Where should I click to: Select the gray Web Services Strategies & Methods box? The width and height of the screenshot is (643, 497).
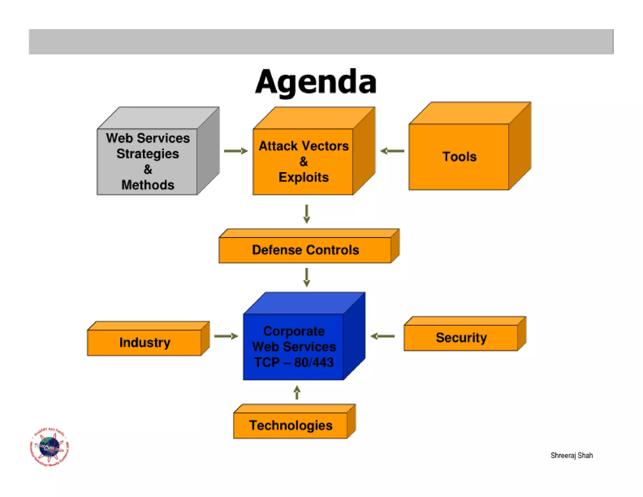(x=148, y=161)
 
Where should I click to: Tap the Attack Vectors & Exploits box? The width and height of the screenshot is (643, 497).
(x=303, y=161)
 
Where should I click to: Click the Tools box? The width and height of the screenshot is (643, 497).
(x=459, y=156)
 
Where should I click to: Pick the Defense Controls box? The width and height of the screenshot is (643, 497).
(x=305, y=250)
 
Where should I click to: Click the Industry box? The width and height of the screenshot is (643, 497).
(x=144, y=342)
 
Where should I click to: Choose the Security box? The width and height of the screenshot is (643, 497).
(x=461, y=337)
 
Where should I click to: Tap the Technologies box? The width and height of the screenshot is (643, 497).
(x=290, y=425)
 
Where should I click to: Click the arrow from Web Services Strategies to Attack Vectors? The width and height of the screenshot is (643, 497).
(x=236, y=151)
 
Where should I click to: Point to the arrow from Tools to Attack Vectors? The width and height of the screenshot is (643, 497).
(x=392, y=151)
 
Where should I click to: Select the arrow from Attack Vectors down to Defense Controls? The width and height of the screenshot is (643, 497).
(x=307, y=214)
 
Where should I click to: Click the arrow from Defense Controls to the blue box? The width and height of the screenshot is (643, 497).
(x=307, y=277)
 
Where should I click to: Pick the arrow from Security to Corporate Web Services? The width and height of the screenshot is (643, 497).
(x=382, y=336)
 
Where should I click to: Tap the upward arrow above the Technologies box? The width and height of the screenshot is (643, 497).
(x=297, y=392)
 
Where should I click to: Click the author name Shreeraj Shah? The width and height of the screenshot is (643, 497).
(x=571, y=455)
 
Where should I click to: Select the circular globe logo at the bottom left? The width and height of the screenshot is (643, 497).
(x=49, y=447)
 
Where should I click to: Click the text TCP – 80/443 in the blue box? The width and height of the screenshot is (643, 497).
(x=294, y=362)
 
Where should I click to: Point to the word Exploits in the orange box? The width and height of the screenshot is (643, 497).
(x=303, y=177)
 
